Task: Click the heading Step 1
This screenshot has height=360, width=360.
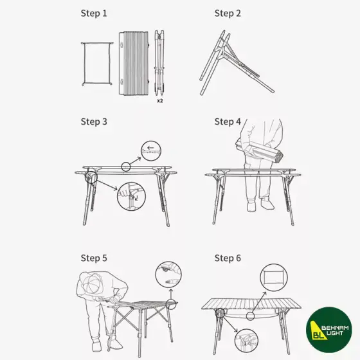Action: click(x=94, y=14)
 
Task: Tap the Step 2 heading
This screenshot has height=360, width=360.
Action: click(x=228, y=14)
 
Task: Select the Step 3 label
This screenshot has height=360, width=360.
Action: click(x=94, y=122)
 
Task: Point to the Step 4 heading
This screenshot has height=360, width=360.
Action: click(x=228, y=122)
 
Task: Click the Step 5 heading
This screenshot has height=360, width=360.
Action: click(x=94, y=258)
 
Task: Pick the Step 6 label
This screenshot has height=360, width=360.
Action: click(x=228, y=258)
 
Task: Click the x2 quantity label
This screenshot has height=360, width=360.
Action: click(x=160, y=100)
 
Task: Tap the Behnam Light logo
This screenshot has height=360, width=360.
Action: click(x=328, y=330)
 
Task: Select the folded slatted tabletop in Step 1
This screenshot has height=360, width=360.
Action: click(x=134, y=63)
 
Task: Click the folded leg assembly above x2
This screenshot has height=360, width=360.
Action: click(x=159, y=62)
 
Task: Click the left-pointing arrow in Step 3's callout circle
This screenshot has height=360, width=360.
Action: click(x=150, y=148)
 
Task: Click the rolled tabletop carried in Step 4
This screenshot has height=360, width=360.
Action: click(x=260, y=151)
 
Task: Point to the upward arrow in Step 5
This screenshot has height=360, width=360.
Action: click(x=171, y=294)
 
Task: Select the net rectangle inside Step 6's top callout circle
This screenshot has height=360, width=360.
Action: click(x=273, y=278)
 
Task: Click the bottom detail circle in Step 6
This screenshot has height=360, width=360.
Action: click(x=246, y=341)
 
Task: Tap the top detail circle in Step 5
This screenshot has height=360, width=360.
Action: click(x=168, y=274)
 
